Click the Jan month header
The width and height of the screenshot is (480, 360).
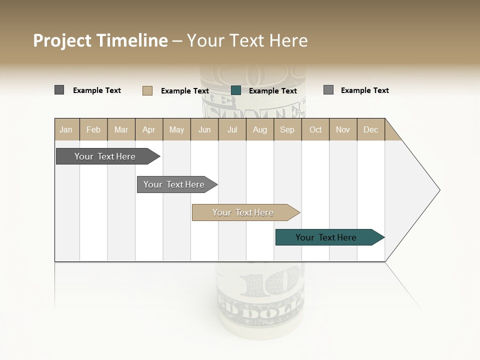coord(66,129)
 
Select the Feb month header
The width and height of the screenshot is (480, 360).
coord(93,129)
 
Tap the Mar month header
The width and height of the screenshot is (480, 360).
coord(121,129)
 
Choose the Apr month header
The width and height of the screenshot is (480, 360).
coord(149,129)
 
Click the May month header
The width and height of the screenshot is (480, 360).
coord(176,129)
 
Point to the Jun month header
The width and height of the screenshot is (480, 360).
coord(204,129)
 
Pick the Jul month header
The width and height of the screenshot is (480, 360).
coord(232,129)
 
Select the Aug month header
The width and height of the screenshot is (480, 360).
coord(260,129)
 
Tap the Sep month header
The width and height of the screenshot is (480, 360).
coord(287,129)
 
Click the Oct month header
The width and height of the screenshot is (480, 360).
coord(315,129)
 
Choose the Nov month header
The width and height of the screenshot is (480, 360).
coord(343,129)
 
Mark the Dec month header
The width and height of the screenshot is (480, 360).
coord(371,129)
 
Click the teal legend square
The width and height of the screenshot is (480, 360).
coord(236,90)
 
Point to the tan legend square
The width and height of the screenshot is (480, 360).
coord(147,90)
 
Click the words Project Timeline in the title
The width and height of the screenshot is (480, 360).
coord(100,40)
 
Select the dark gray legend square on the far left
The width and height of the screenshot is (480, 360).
coord(59,90)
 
